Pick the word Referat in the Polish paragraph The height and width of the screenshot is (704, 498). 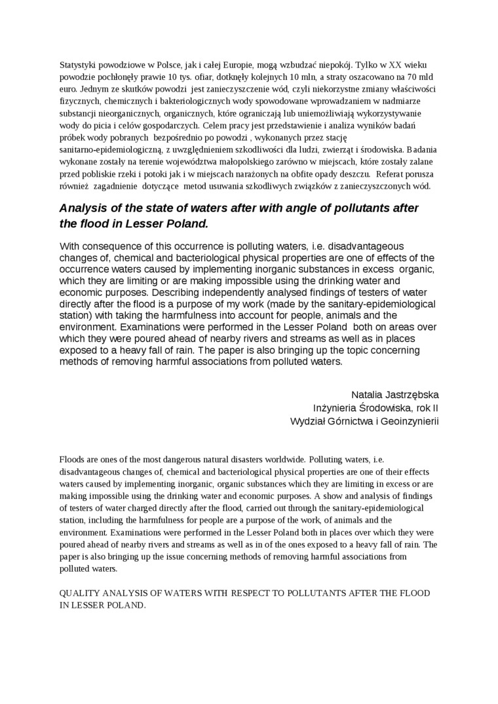(x=393, y=174)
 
